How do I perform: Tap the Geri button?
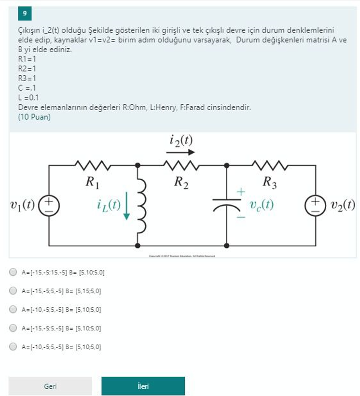coord(50,386)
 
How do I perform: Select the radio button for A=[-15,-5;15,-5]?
coord(14,272)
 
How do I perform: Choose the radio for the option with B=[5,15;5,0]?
coord(14,291)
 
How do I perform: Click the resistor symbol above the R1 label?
coord(93,166)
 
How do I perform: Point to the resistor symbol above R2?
coord(181,166)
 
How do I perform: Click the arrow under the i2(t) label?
coord(181,152)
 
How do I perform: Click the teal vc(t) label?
coord(262,205)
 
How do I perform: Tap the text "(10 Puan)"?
coord(34,117)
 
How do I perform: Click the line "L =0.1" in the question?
coord(28,98)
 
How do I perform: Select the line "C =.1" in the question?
coord(27,88)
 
